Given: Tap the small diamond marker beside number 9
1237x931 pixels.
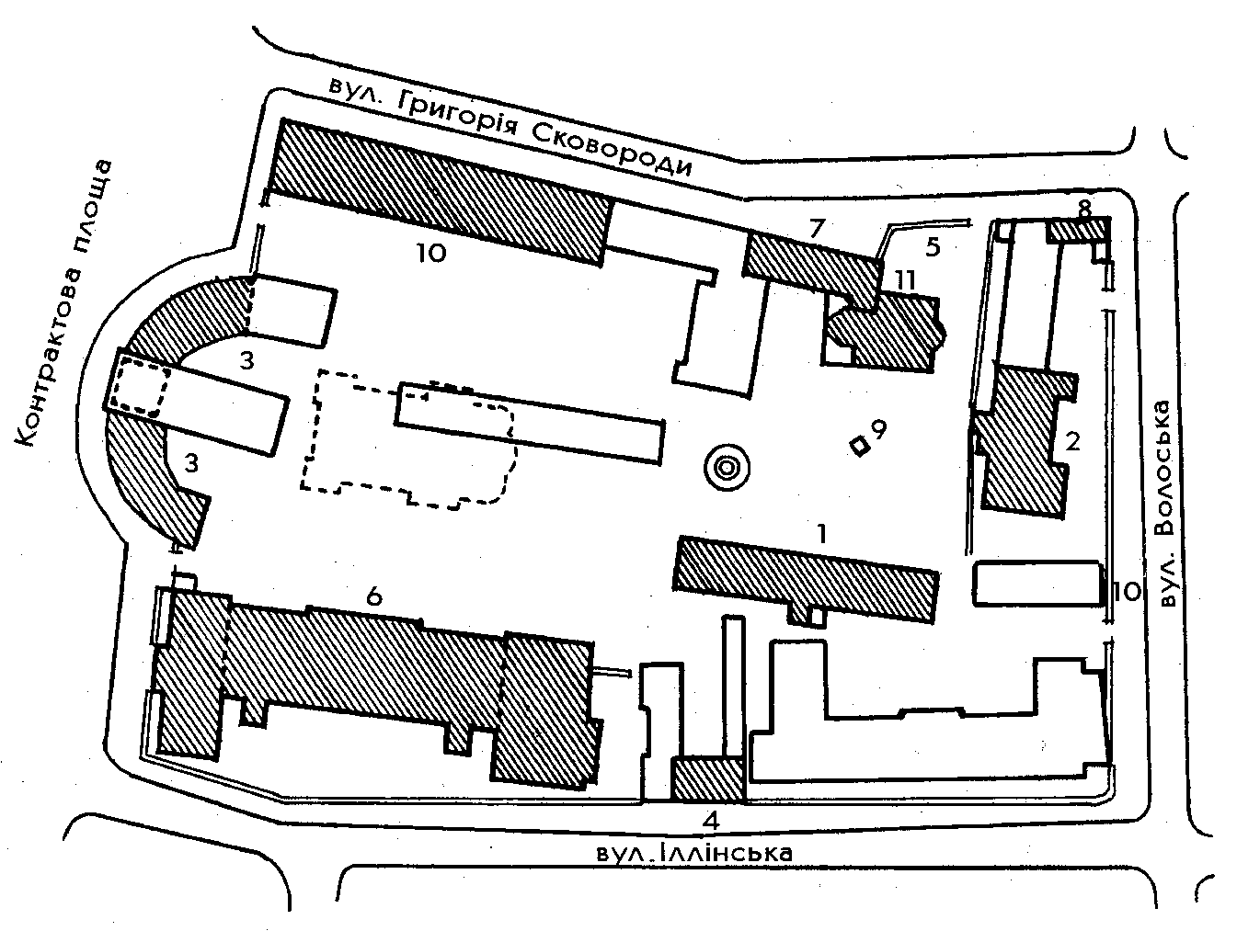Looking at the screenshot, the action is (x=860, y=447).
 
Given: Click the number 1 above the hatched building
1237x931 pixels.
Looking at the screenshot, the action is (x=822, y=534).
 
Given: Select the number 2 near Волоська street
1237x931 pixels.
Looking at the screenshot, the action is (x=1071, y=442).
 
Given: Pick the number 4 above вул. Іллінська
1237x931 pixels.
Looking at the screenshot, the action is (x=711, y=823).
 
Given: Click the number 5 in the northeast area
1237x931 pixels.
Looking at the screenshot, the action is (x=933, y=247).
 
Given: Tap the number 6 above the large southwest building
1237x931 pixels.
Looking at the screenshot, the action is (x=374, y=596).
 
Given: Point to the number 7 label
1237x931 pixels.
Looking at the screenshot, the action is (x=817, y=228).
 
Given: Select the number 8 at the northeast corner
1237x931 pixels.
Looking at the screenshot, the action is (x=1083, y=210).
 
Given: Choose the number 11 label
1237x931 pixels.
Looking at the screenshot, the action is (x=904, y=279).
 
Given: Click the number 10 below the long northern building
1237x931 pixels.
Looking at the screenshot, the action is (x=431, y=254).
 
